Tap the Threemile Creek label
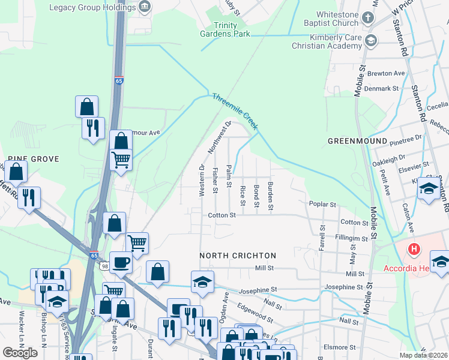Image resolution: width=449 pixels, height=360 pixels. (x=234, y=111)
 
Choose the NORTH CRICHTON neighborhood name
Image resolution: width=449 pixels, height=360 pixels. (x=238, y=256)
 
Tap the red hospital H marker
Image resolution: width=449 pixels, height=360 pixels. (x=413, y=248)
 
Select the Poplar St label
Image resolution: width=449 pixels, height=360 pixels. (x=322, y=205)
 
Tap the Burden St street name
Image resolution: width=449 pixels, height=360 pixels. (x=271, y=196)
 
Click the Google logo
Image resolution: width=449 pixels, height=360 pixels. (x=20, y=352)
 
